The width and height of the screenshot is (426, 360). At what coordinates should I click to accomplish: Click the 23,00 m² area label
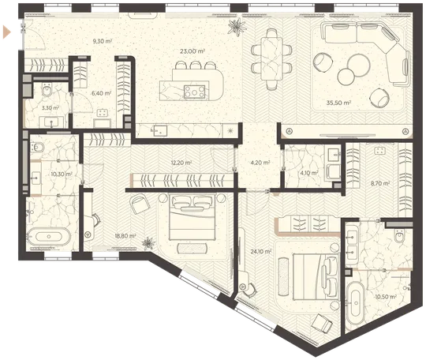pos(192,51)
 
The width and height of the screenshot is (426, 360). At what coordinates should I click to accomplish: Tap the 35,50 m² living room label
pos(338,103)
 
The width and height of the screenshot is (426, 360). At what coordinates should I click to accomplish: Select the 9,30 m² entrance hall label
pos(103,41)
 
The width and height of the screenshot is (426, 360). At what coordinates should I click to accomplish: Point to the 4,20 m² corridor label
pos(260,163)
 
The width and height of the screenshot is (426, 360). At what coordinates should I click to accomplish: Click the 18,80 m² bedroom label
pos(125,236)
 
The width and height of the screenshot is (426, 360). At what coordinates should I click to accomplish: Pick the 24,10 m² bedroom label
pos(261,252)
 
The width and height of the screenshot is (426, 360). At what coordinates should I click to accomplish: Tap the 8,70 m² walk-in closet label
pos(380,183)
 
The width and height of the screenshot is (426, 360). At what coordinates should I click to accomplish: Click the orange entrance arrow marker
pos(7,32)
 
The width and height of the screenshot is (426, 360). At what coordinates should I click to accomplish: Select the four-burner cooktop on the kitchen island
pos(194,92)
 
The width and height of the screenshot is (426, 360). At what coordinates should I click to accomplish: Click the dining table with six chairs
pos(271,58)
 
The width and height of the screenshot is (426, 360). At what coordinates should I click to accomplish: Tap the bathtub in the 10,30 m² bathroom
pos(49,237)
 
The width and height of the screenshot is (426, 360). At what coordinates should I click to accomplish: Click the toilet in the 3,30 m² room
pos(47,89)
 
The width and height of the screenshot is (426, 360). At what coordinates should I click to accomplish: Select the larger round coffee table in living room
pos(359,66)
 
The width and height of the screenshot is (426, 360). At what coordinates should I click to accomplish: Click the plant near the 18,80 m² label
pos(148,243)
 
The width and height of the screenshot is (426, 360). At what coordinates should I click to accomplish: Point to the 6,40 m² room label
pos(101,93)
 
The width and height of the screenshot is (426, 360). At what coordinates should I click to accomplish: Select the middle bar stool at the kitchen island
pos(195,66)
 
